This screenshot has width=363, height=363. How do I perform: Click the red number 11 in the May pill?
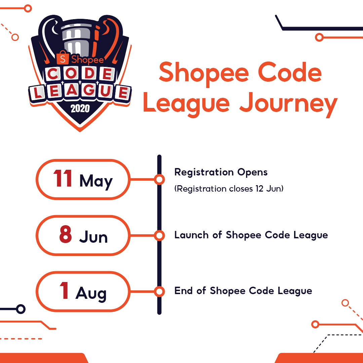point(63,178)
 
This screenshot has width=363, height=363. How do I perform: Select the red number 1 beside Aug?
point(64,290)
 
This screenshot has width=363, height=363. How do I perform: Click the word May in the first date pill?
point(96,182)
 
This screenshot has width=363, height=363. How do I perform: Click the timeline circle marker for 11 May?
point(159,179)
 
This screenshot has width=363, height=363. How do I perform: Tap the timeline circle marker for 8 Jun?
point(159,235)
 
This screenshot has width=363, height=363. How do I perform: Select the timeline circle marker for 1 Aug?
point(159,291)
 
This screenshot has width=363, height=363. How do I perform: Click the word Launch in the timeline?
point(191,235)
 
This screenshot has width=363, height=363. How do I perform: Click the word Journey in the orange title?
point(288,104)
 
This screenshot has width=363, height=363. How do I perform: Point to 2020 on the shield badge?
point(80,109)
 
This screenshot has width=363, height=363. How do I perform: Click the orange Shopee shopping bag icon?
point(63,58)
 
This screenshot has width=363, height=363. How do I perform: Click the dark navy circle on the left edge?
point(21,309)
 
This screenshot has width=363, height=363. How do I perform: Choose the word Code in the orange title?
point(289,72)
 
